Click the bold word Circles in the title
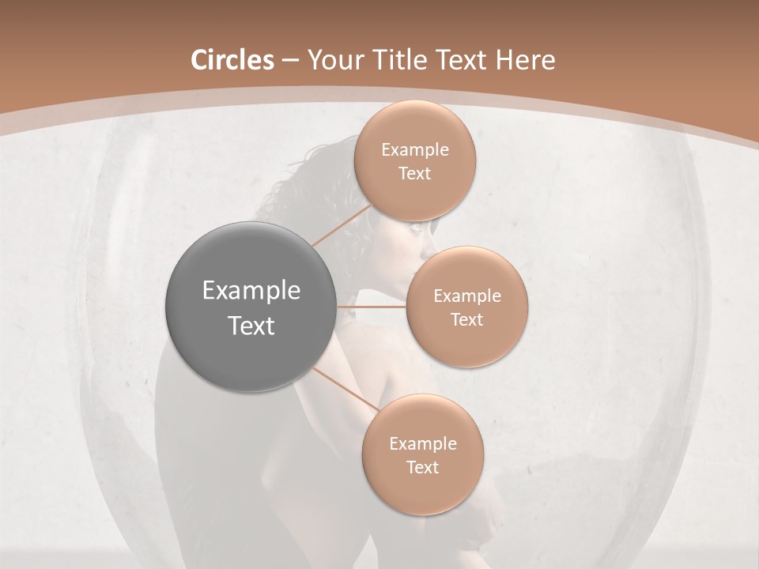232,60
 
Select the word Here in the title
524,60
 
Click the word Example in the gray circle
251,291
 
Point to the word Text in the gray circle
251,326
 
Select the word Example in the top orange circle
415,150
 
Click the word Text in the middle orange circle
467,320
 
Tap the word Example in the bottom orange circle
422,444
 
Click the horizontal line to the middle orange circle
372,307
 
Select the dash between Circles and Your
290,61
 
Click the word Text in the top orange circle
415,174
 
